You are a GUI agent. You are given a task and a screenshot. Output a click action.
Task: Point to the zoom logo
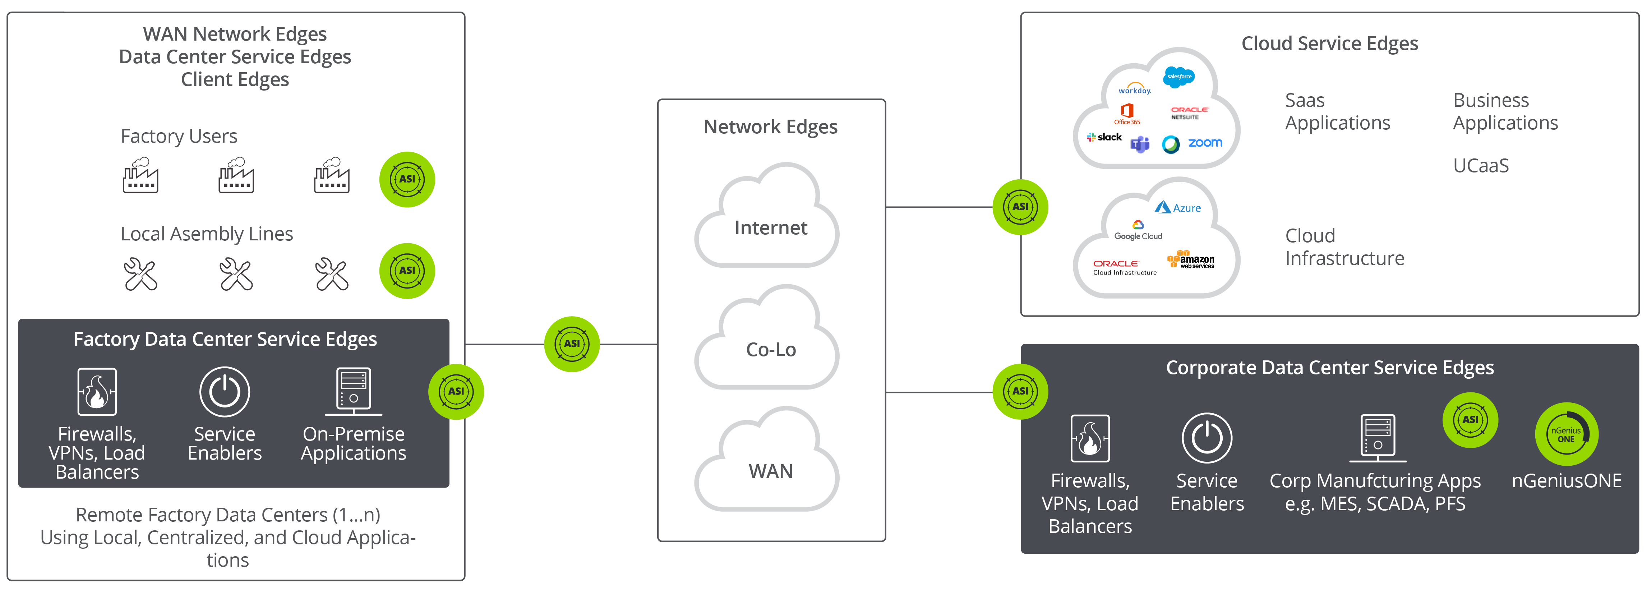click(x=1205, y=143)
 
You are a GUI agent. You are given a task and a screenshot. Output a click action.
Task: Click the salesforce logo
click(x=1179, y=77)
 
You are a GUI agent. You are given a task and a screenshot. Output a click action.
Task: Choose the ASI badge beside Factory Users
click(x=407, y=179)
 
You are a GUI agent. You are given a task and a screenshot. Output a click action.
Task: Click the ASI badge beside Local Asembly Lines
click(x=407, y=271)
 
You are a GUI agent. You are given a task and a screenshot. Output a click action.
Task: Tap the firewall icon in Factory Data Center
click(x=97, y=391)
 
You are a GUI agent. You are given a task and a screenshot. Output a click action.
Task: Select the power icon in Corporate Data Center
click(x=1207, y=438)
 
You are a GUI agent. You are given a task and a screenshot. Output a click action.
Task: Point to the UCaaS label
click(x=1481, y=166)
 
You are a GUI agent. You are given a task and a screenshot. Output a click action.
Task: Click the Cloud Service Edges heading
click(x=1329, y=43)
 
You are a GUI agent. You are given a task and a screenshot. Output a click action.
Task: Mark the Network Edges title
click(x=770, y=126)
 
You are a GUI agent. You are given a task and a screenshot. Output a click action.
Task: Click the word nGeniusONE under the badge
click(x=1567, y=481)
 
